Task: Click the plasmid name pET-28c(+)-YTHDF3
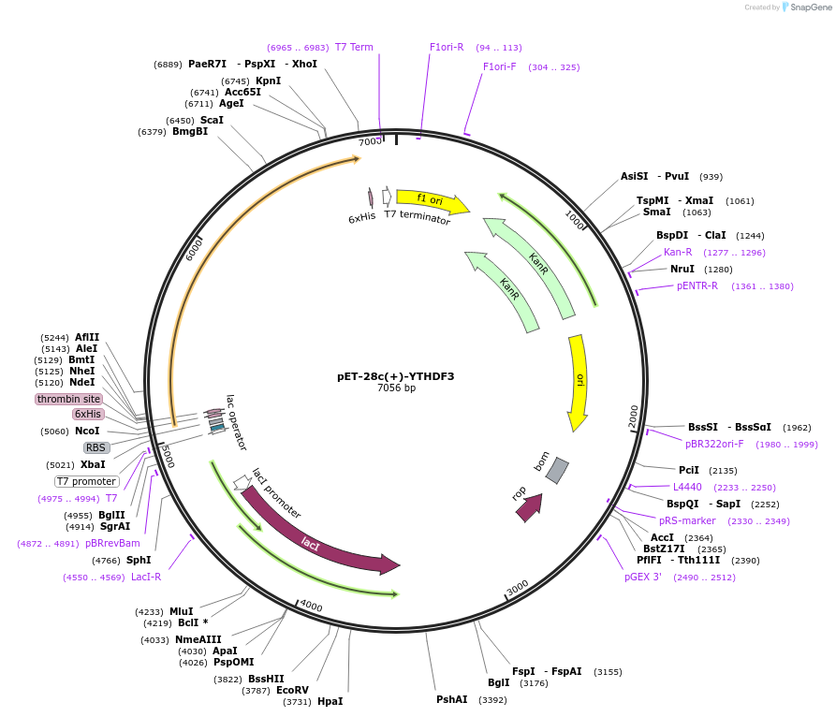point(396,376)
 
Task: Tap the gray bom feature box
point(557,470)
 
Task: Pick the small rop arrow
point(529,506)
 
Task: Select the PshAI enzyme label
point(451,699)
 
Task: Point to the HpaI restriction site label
point(330,701)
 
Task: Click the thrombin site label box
point(68,399)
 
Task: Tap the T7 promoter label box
point(86,481)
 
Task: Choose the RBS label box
point(96,447)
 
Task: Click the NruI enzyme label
point(682,269)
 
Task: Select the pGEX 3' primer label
point(643,577)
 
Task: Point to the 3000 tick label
point(518,588)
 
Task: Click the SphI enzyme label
point(139,560)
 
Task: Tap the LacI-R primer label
point(146,577)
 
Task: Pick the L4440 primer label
point(687,487)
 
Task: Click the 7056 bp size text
point(396,388)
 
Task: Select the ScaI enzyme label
point(212,120)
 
